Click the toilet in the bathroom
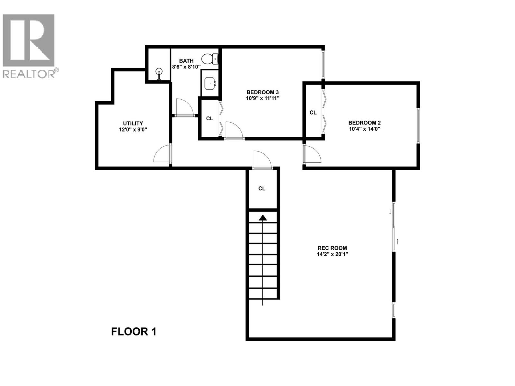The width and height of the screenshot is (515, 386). (210, 59)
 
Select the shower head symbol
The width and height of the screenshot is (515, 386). (159, 73)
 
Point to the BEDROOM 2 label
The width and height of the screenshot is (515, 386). (364, 123)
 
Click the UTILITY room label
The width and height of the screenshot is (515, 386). (133, 123)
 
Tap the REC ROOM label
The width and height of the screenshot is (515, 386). (332, 248)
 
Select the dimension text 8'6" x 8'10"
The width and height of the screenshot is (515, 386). (186, 67)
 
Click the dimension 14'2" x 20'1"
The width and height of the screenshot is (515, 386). (332, 254)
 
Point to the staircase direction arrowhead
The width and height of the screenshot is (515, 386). (263, 218)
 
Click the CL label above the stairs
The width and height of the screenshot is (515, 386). (262, 188)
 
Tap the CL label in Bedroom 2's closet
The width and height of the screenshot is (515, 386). (313, 113)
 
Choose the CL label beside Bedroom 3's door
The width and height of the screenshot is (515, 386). (210, 118)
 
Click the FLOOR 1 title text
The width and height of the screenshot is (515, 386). (134, 332)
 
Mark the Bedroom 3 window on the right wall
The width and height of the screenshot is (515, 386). (323, 64)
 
